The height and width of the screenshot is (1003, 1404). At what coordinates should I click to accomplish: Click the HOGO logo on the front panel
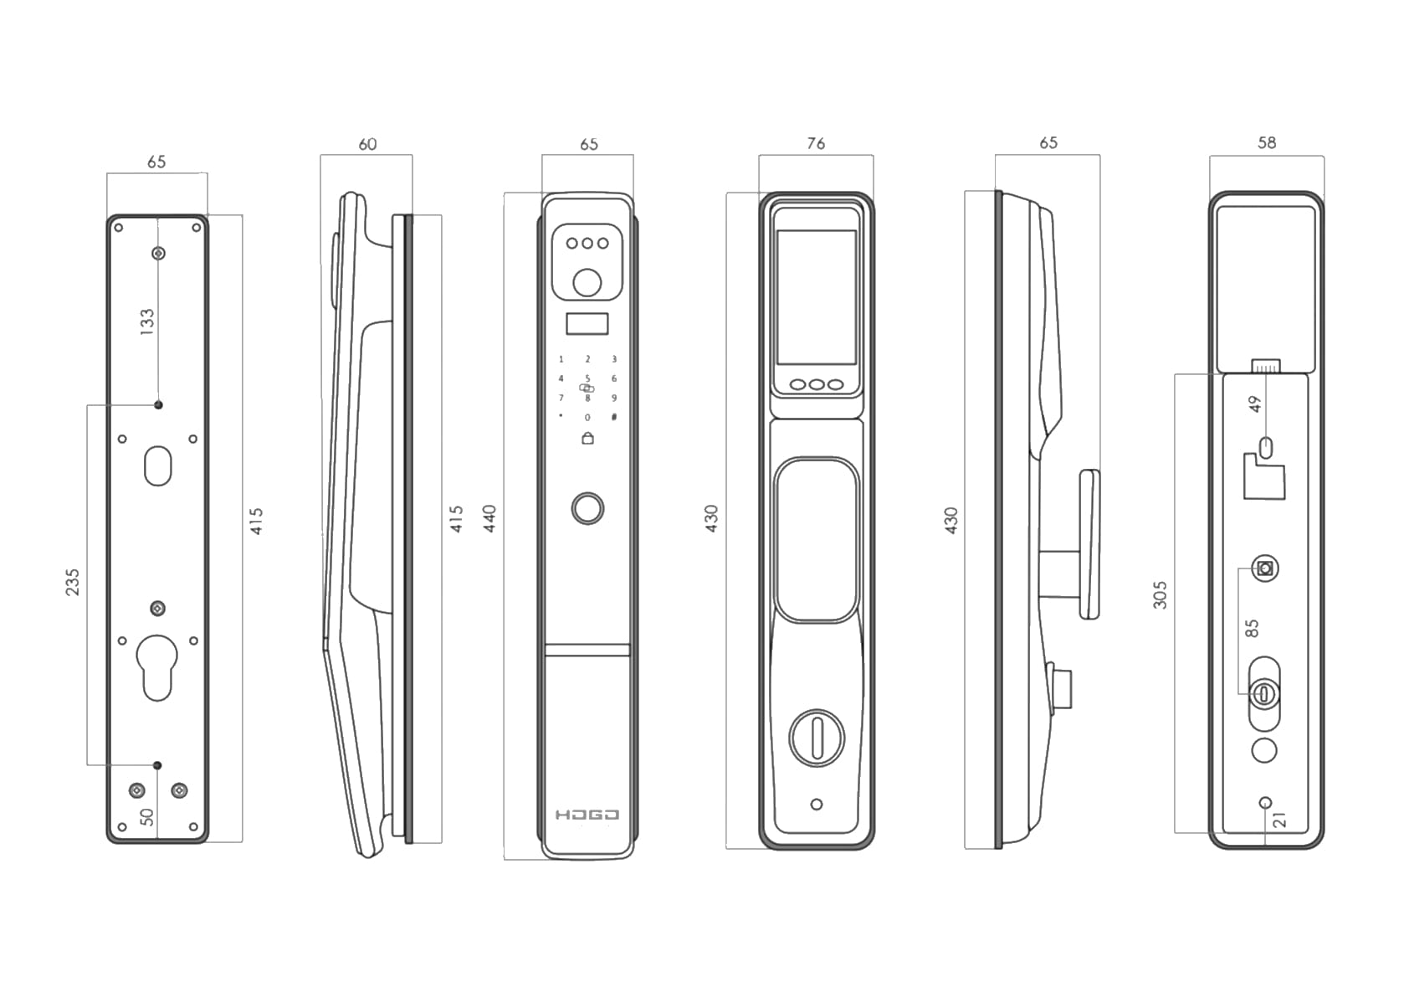click(x=587, y=815)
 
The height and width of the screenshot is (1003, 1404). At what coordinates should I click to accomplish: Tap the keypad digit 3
click(x=614, y=359)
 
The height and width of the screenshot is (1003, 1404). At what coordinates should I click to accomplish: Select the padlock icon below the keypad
click(x=587, y=438)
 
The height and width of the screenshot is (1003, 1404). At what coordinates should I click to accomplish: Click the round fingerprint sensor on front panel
click(x=587, y=508)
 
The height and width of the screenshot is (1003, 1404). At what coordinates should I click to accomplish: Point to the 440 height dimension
click(x=490, y=518)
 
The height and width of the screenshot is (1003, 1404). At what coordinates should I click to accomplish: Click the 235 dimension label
click(x=73, y=582)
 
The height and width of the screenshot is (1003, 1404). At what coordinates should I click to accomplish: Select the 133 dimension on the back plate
click(x=146, y=321)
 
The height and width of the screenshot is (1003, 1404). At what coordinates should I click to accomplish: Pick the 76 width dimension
click(x=816, y=144)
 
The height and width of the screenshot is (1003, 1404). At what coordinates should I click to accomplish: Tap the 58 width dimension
click(x=1266, y=143)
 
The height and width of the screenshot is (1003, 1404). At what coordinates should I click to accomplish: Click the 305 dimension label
click(x=1160, y=594)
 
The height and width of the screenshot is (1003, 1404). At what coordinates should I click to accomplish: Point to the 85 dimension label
click(x=1252, y=628)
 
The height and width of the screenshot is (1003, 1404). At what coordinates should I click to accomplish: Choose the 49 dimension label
click(x=1254, y=404)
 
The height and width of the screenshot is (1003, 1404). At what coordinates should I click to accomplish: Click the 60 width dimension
click(x=367, y=144)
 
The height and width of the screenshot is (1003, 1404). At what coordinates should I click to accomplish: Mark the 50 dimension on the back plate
click(x=146, y=816)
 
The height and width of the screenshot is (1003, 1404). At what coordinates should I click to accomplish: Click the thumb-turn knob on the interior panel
click(x=817, y=738)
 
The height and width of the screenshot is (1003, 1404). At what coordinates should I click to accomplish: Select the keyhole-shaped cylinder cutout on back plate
click(x=157, y=667)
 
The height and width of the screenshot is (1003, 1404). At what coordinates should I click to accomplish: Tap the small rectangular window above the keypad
click(x=587, y=324)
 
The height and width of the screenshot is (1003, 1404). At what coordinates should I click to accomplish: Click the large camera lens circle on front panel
click(x=587, y=282)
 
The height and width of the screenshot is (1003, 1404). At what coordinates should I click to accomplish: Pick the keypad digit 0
click(x=587, y=417)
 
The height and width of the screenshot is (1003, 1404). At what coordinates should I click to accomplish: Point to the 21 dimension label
click(x=1280, y=820)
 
